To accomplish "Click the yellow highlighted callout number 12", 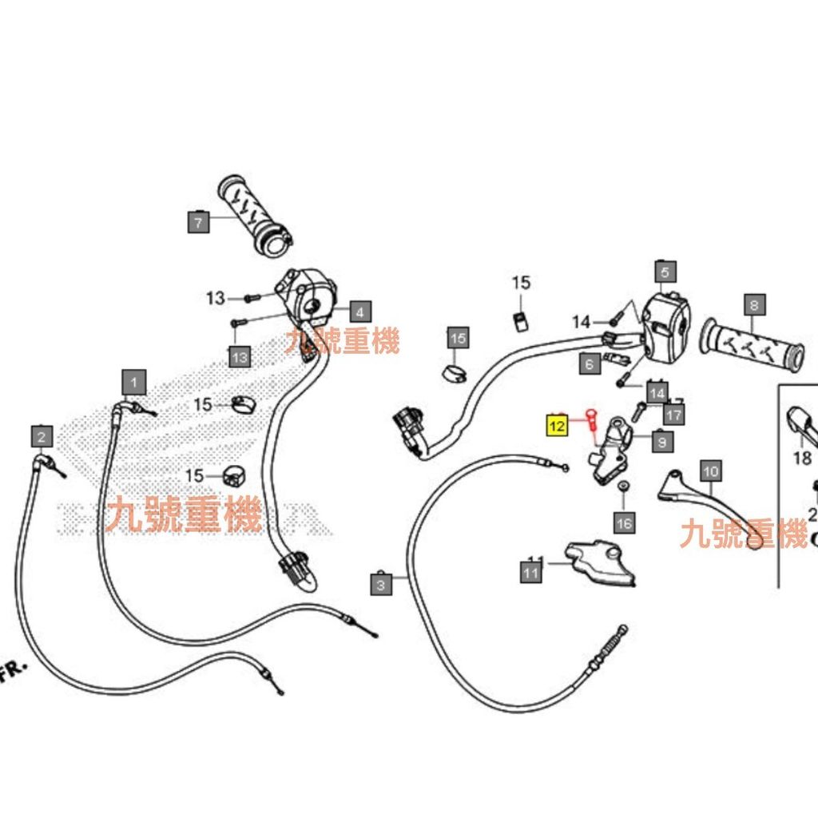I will click(556, 426).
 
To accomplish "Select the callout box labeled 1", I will click(134, 383).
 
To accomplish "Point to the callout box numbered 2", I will click(42, 436).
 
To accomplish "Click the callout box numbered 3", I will click(381, 586).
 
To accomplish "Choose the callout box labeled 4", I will click(359, 312).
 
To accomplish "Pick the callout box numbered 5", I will click(665, 272).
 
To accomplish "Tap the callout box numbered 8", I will click(754, 304).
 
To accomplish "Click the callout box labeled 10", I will click(710, 471).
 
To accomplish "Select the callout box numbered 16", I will click(624, 523).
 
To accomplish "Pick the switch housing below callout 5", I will click(665, 328).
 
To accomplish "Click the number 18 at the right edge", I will click(802, 458).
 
